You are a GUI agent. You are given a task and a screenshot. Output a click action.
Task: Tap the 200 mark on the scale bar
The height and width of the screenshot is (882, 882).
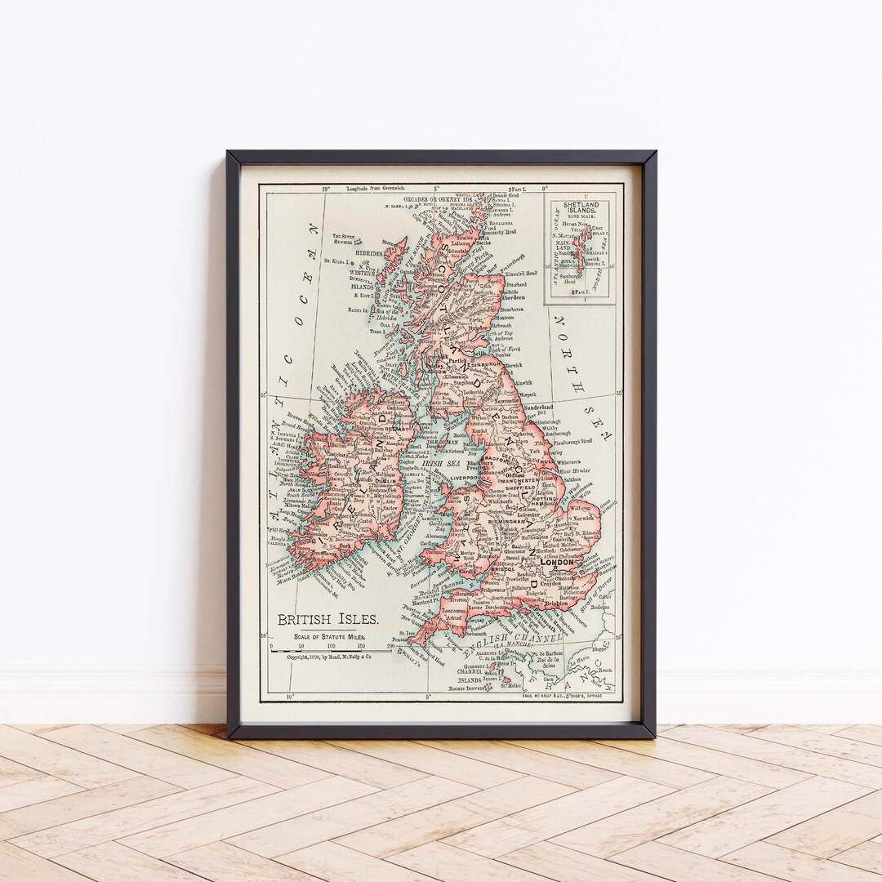(x=391, y=645)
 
